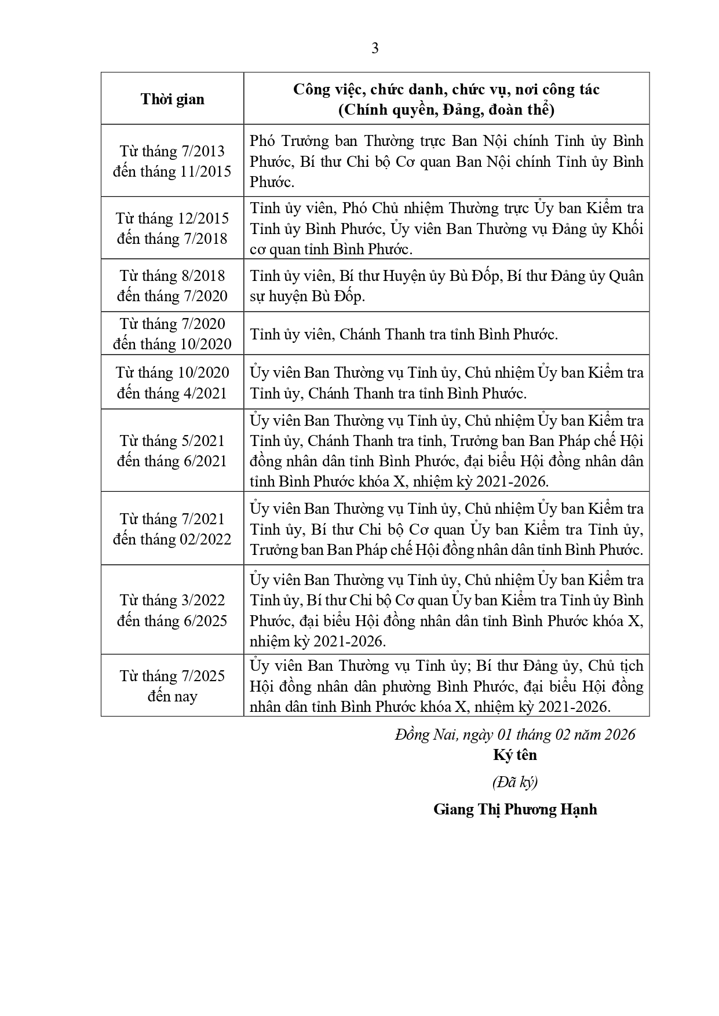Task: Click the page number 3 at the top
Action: (375, 49)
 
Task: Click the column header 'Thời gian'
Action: (172, 99)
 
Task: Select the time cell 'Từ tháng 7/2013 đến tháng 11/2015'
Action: (172, 161)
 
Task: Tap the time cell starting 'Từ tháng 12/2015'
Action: (172, 228)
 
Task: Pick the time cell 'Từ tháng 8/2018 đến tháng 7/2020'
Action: (172, 286)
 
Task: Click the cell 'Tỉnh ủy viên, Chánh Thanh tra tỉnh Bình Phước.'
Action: (404, 334)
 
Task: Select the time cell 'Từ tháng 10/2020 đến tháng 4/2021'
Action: (172, 382)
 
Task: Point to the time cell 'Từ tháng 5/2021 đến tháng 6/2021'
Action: (172, 451)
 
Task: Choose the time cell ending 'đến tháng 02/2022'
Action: (172, 529)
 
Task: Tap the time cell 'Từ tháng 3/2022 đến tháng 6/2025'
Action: (172, 610)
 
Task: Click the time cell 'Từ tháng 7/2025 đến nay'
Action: (172, 686)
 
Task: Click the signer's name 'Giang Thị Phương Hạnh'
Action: (515, 809)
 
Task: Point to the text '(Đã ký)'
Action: (515, 782)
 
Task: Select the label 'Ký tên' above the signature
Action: (515, 755)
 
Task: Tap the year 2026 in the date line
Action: (619, 734)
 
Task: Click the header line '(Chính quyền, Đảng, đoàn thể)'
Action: (446, 109)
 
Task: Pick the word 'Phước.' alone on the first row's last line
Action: (272, 182)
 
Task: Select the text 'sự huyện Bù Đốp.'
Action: (308, 296)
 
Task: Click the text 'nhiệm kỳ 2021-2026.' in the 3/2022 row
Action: (318, 641)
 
